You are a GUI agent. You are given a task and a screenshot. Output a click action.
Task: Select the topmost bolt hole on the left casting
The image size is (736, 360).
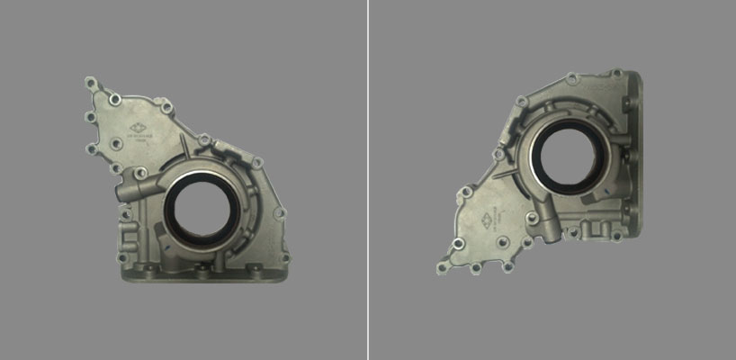[90, 82]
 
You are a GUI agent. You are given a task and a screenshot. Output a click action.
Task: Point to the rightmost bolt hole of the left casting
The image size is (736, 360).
[280, 213]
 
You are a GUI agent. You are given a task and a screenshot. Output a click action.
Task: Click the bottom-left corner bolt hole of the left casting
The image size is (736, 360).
[121, 259]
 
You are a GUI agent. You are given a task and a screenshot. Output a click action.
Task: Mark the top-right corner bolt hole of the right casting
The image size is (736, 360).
[617, 73]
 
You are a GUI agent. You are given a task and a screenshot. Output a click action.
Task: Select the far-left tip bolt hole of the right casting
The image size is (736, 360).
[442, 265]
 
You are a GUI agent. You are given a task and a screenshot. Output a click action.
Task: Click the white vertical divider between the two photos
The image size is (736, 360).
[368, 180]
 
